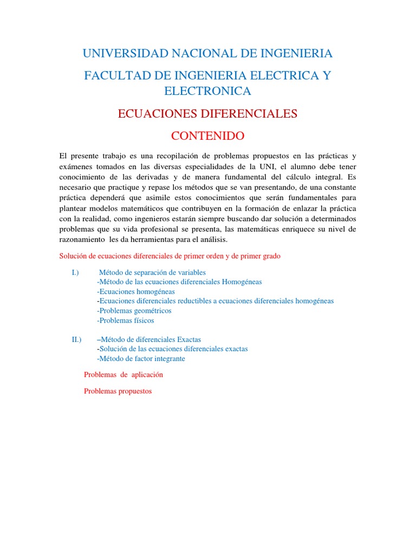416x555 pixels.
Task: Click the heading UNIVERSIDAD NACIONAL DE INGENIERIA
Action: pyautogui.click(x=207, y=53)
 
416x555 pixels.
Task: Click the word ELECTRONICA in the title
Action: pyautogui.click(x=207, y=91)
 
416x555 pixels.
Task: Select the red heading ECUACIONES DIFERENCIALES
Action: pyautogui.click(x=207, y=113)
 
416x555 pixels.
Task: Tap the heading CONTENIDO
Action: pyautogui.click(x=207, y=135)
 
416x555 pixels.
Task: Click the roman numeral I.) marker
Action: pyautogui.click(x=75, y=272)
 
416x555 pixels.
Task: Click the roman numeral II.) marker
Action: pyautogui.click(x=76, y=339)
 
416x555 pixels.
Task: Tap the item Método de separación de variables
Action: pyautogui.click(x=153, y=272)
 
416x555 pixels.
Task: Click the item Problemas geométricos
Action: pyautogui.click(x=134, y=311)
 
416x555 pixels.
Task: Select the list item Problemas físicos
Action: pyautogui.click(x=126, y=320)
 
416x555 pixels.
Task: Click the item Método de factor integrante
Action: pyautogui.click(x=141, y=358)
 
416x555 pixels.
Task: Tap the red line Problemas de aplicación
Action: pyautogui.click(x=123, y=375)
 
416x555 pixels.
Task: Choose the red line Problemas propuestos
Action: pyautogui.click(x=118, y=391)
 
